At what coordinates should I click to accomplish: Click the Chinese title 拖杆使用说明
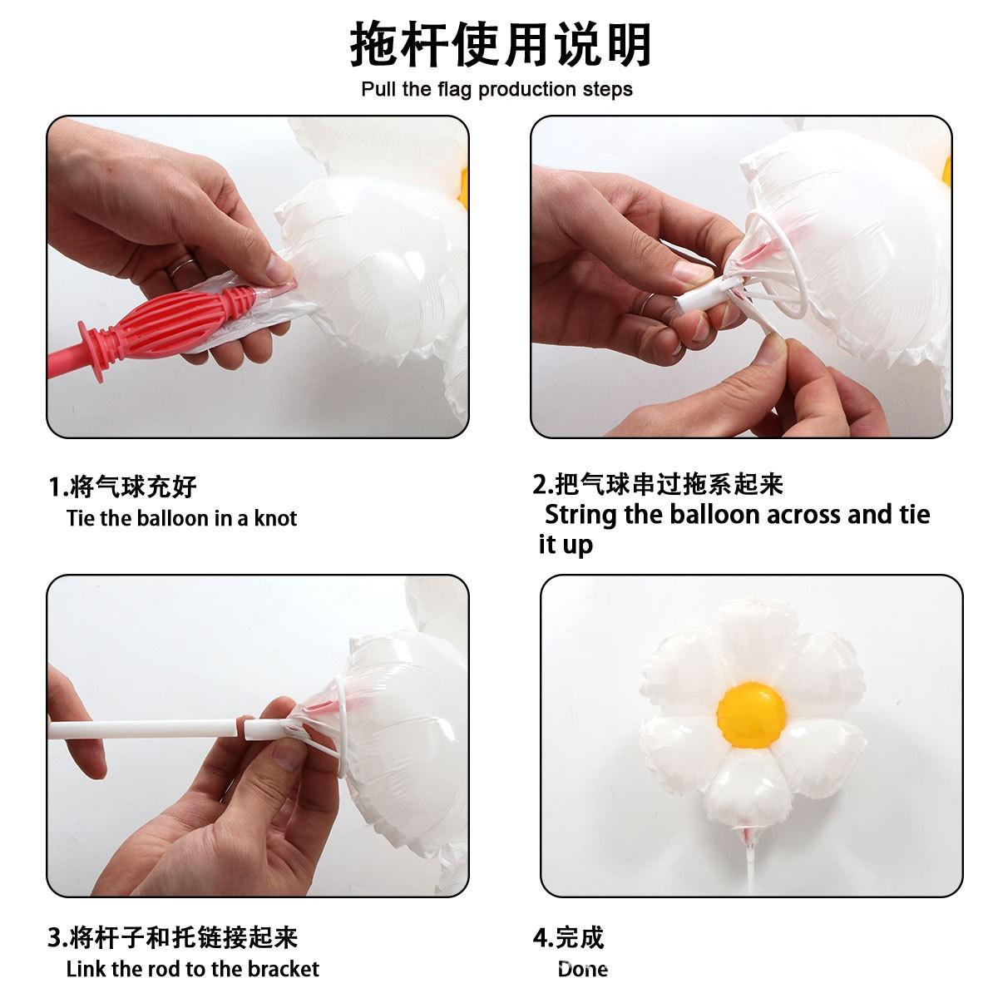(x=501, y=45)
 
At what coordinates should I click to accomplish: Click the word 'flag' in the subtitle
(x=454, y=90)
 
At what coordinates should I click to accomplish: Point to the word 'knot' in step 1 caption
(x=275, y=518)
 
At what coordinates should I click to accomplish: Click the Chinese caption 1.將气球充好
(x=122, y=487)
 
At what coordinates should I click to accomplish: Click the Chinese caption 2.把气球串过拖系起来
(x=658, y=484)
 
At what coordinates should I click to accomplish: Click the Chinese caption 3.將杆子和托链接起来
(x=173, y=937)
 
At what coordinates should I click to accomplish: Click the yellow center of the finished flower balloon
(x=752, y=715)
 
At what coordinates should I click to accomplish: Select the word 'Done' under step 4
(x=582, y=969)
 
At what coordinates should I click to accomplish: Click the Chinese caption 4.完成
(x=568, y=937)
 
